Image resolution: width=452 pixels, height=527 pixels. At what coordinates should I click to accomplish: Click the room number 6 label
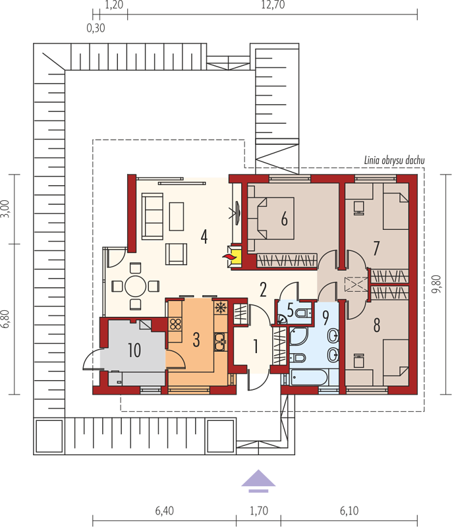[284, 220]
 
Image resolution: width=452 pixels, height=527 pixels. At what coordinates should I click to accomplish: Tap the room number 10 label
[134, 350]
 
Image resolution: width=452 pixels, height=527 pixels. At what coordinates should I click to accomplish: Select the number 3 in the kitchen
[196, 340]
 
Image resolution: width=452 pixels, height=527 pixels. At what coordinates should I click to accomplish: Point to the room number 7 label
[376, 248]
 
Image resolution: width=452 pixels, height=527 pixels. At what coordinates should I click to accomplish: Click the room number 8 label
[376, 325]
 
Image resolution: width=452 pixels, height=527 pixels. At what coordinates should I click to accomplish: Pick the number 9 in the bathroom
[324, 318]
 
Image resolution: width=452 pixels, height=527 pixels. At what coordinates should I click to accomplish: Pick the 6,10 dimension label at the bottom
[349, 509]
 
